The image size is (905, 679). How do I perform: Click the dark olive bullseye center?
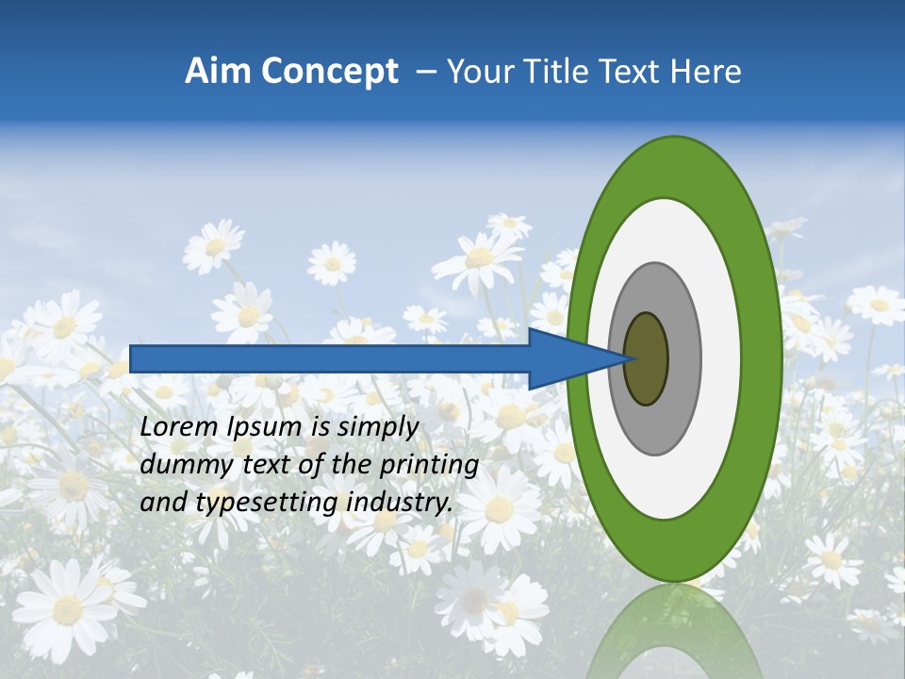click(x=647, y=359)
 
